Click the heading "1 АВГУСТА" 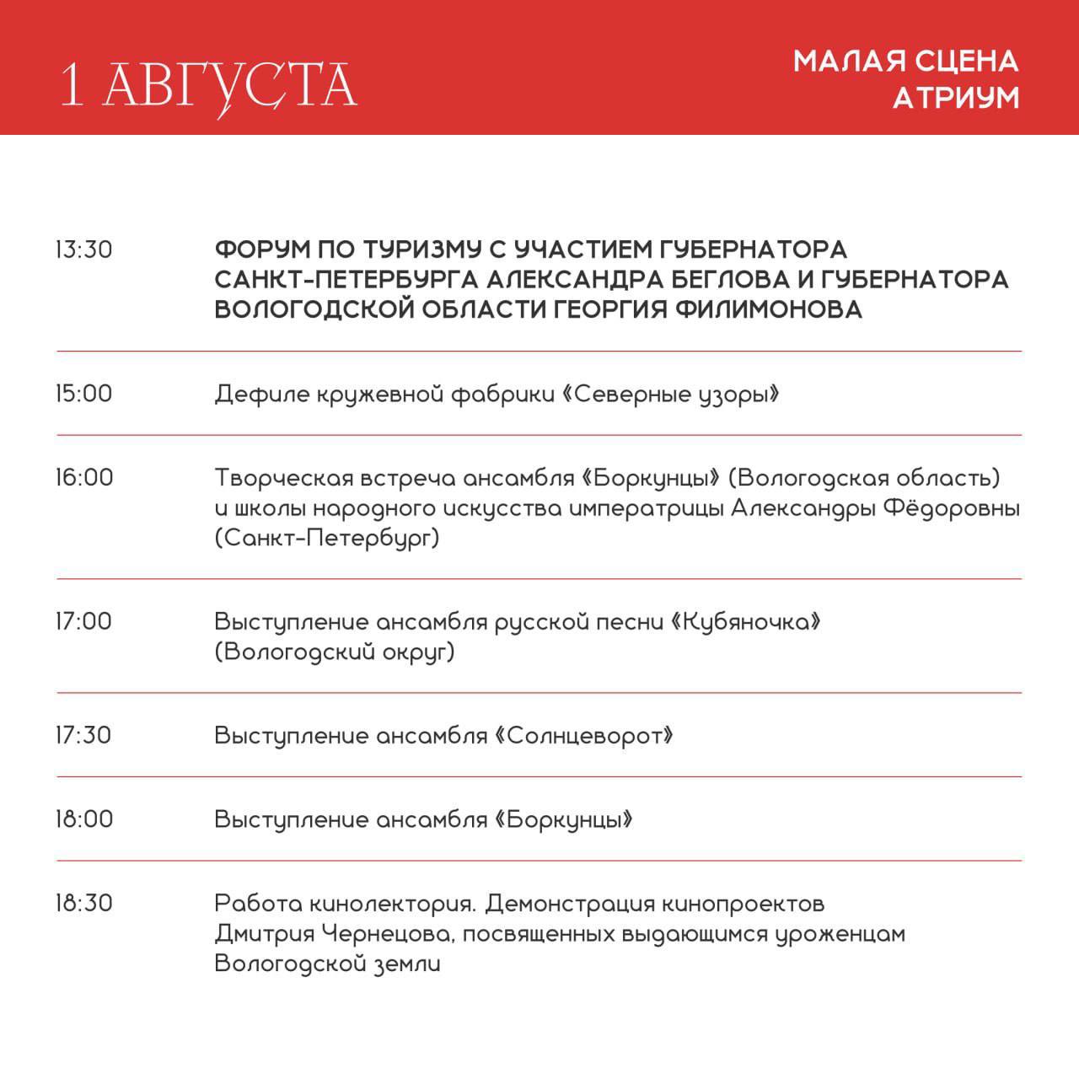(x=209, y=85)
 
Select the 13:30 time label (x=83, y=250)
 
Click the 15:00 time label (x=83, y=394)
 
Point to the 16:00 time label (x=84, y=478)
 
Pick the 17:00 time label (x=83, y=621)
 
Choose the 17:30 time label (x=83, y=735)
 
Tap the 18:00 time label (x=84, y=819)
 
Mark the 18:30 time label (x=84, y=904)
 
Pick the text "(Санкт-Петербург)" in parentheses (x=327, y=539)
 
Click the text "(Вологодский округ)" (x=335, y=652)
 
